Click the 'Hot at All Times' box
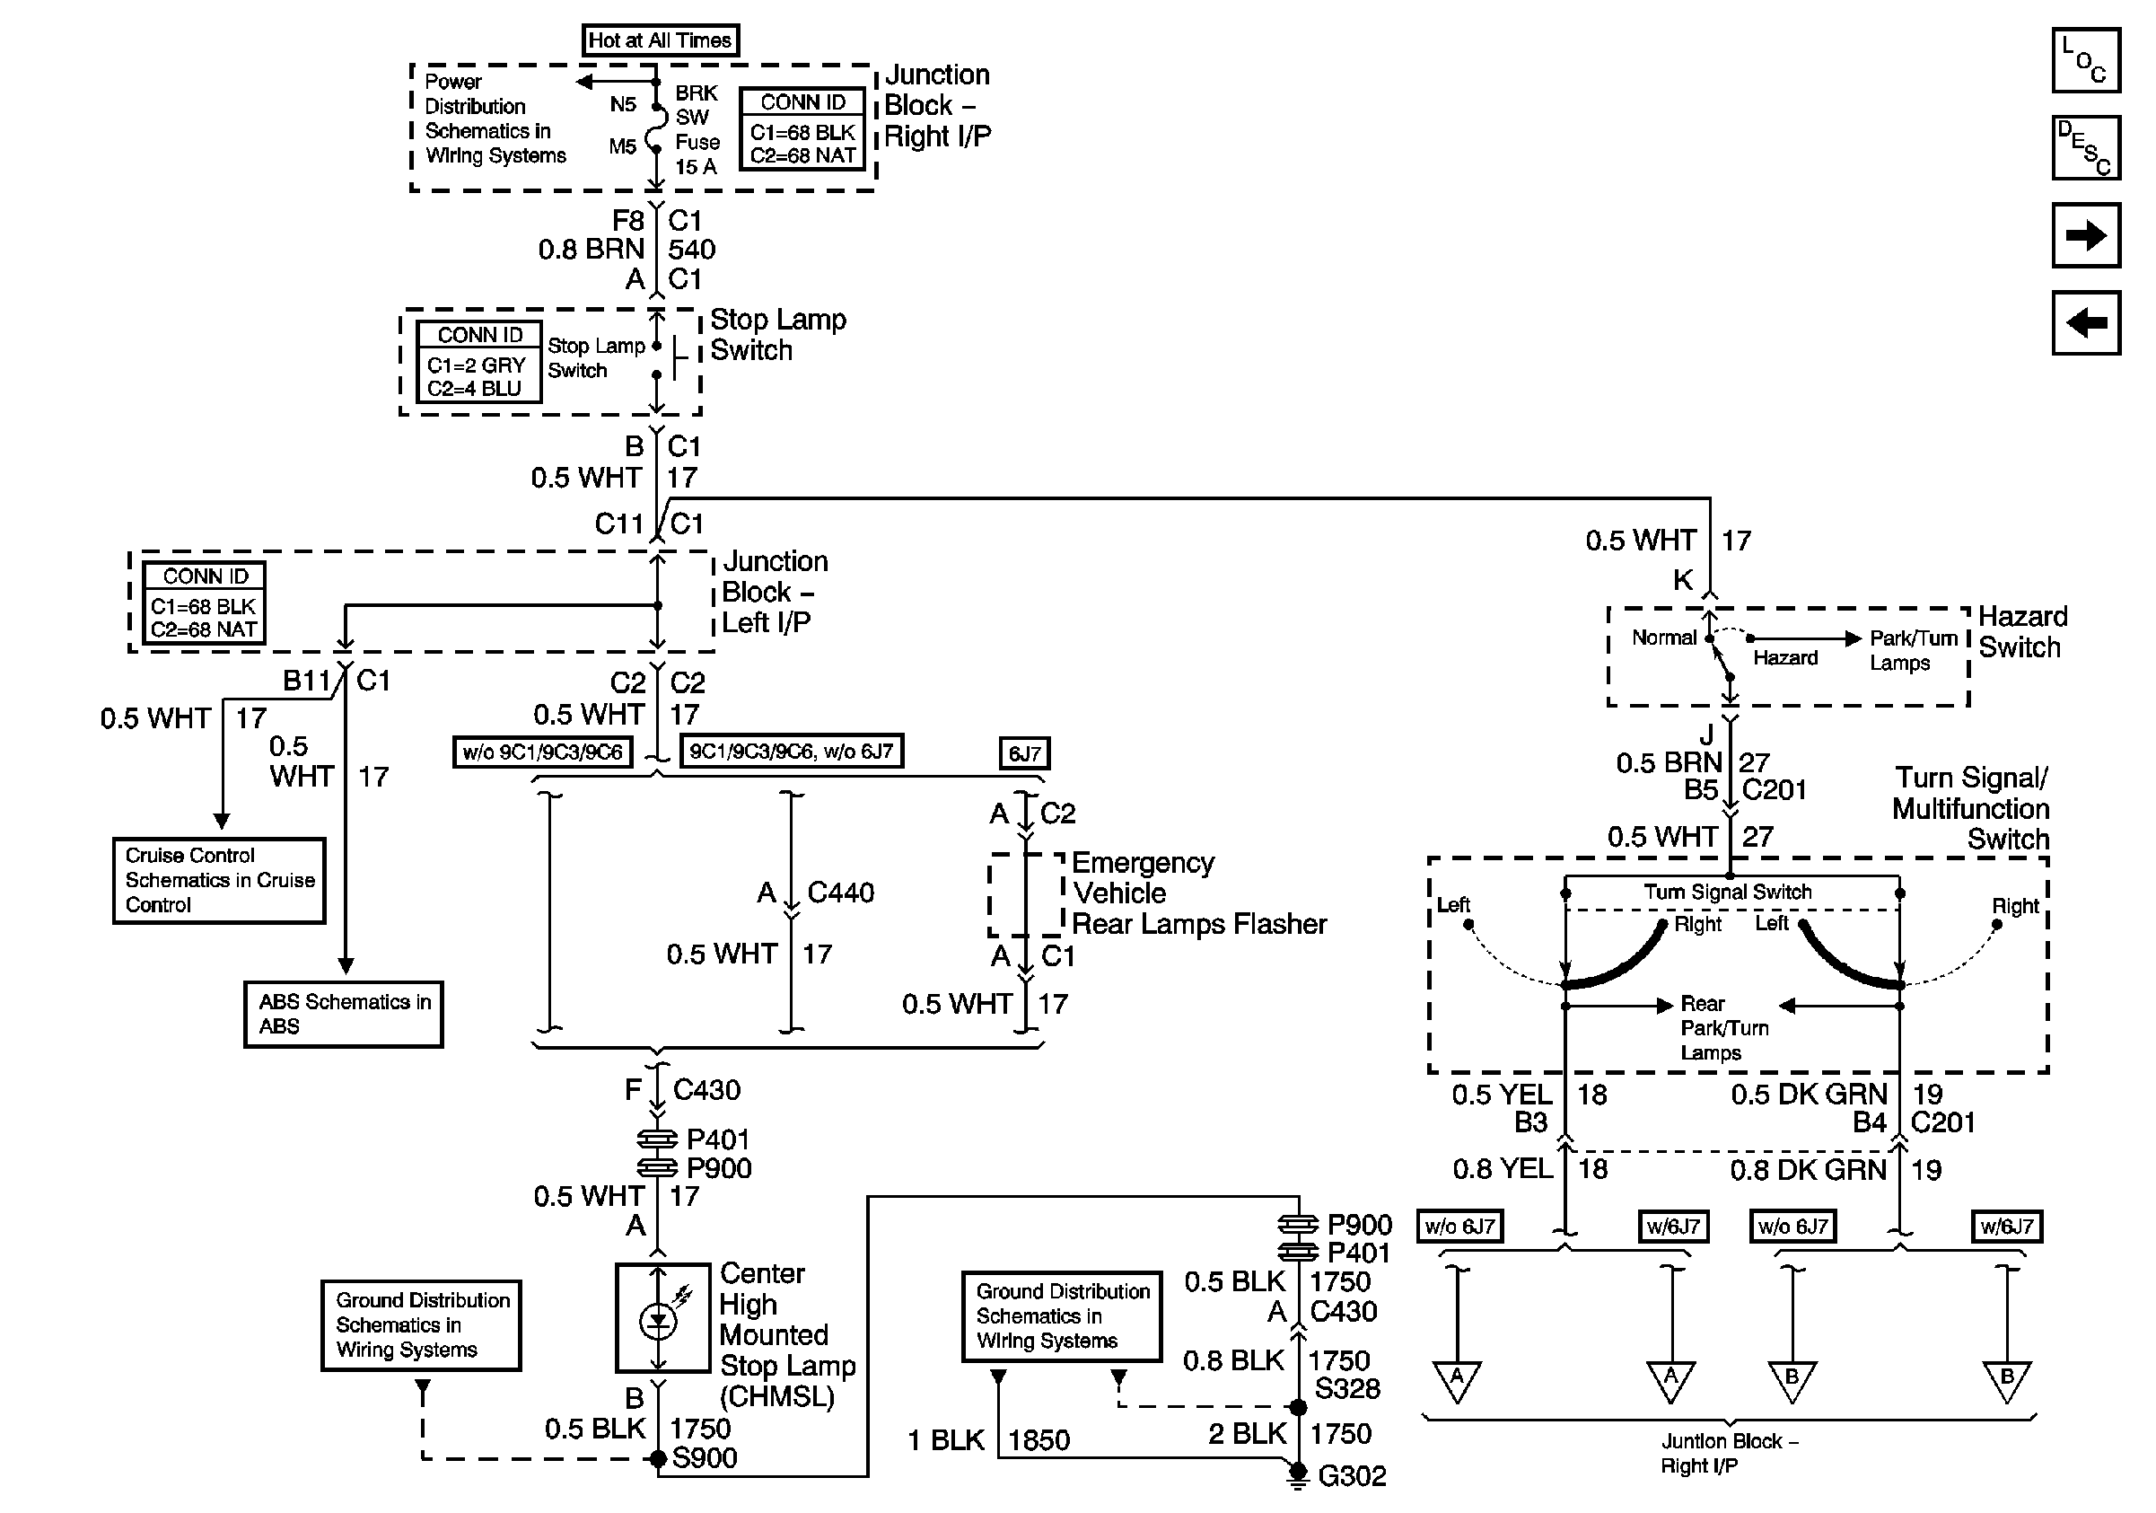click(660, 40)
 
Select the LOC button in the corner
click(2086, 60)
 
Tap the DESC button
click(2086, 147)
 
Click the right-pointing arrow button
click(2086, 234)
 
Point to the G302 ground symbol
click(1297, 1477)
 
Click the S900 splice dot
click(658, 1458)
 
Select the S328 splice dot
click(1298, 1407)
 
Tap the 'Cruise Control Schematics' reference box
click(219, 881)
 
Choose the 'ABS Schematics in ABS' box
click(344, 1015)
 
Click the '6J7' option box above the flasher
click(1023, 753)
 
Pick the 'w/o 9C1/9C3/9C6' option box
click(542, 752)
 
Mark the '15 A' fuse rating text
click(696, 166)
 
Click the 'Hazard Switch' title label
click(2022, 632)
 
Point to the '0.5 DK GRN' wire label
click(1809, 1095)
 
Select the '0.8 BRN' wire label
click(591, 249)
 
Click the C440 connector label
click(840, 893)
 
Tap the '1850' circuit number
click(1039, 1439)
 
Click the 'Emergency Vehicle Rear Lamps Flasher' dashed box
click(1026, 895)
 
